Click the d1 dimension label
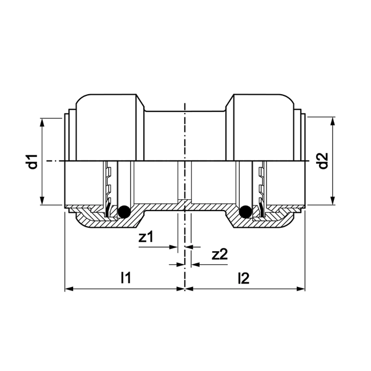point(34,162)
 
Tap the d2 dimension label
point(324,162)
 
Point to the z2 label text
point(220,255)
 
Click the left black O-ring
point(122,212)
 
